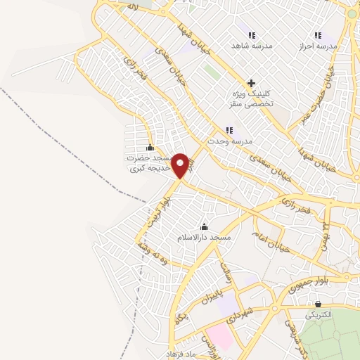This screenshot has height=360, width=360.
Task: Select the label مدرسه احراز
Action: point(319,45)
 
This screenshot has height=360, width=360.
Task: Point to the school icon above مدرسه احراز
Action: point(319,34)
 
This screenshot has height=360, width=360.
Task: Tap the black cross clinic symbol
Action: point(251,83)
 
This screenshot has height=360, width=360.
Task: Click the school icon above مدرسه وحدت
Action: point(229,130)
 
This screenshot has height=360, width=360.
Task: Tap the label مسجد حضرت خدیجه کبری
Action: point(149,163)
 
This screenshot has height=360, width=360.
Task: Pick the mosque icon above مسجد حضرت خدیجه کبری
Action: point(149,148)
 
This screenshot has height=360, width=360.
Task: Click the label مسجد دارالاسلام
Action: point(205,238)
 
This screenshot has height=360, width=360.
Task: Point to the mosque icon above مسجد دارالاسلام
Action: point(205,226)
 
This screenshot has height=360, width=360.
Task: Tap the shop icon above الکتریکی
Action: point(318,304)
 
